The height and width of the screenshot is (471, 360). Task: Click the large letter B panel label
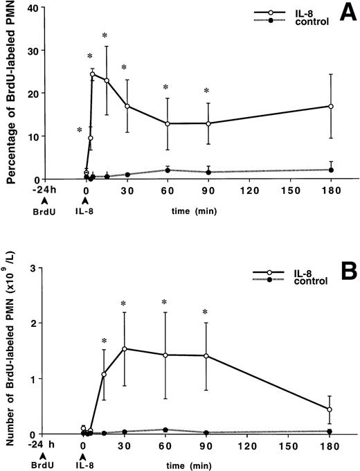(x=341, y=270)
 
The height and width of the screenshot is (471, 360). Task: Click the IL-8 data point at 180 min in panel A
(x=331, y=106)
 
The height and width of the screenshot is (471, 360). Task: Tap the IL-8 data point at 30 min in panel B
(x=125, y=348)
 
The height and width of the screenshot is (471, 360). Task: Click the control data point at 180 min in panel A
(x=331, y=170)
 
